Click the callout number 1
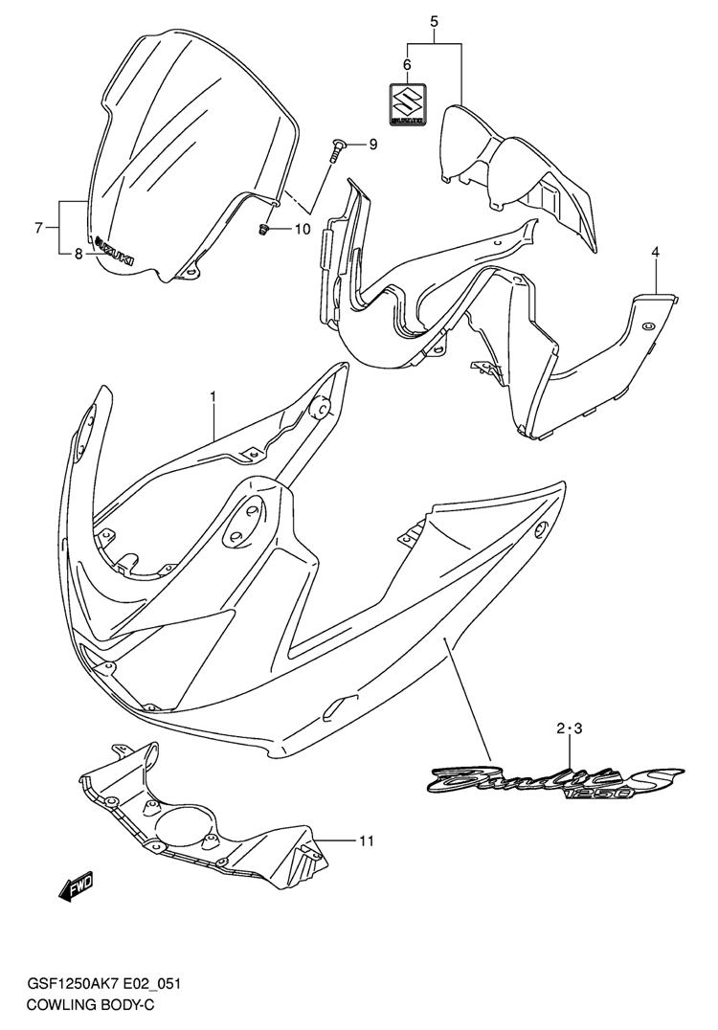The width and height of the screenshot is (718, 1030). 213,396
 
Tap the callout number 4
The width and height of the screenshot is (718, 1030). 656,252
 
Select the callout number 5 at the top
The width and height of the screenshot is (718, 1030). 434,21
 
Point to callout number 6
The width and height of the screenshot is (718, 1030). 407,64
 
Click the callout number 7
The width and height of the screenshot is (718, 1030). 38,229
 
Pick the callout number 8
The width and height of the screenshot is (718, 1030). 79,255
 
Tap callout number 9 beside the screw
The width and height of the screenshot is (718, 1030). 372,145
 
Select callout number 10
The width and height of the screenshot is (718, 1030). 302,229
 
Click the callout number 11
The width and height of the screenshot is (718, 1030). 367,840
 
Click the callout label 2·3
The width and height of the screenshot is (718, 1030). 569,728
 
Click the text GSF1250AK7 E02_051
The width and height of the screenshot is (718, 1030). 103,983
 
